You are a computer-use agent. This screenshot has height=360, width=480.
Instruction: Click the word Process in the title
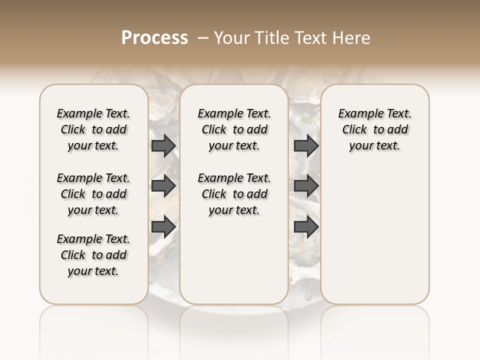(x=154, y=37)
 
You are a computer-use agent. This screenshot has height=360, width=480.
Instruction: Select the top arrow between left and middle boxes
(x=163, y=146)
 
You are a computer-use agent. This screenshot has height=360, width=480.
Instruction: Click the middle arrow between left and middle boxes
(x=163, y=186)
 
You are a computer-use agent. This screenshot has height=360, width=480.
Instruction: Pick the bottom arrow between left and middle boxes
(x=163, y=226)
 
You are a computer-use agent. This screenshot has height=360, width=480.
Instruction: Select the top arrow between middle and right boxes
(x=306, y=146)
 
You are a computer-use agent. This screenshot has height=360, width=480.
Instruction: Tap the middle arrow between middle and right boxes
(x=306, y=186)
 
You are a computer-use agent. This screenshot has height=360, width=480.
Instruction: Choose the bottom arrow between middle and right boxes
(x=306, y=226)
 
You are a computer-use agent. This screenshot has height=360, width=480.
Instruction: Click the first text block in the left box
(x=93, y=129)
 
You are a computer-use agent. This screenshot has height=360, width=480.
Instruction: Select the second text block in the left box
(x=93, y=194)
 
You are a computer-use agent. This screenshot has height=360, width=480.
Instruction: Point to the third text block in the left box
(x=93, y=255)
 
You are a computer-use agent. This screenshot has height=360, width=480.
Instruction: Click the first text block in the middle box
(x=234, y=129)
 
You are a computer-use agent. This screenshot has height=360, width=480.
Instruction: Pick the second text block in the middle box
(x=234, y=194)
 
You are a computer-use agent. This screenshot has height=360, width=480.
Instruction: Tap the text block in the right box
(x=375, y=129)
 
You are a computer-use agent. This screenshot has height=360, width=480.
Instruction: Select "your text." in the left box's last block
(x=93, y=271)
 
